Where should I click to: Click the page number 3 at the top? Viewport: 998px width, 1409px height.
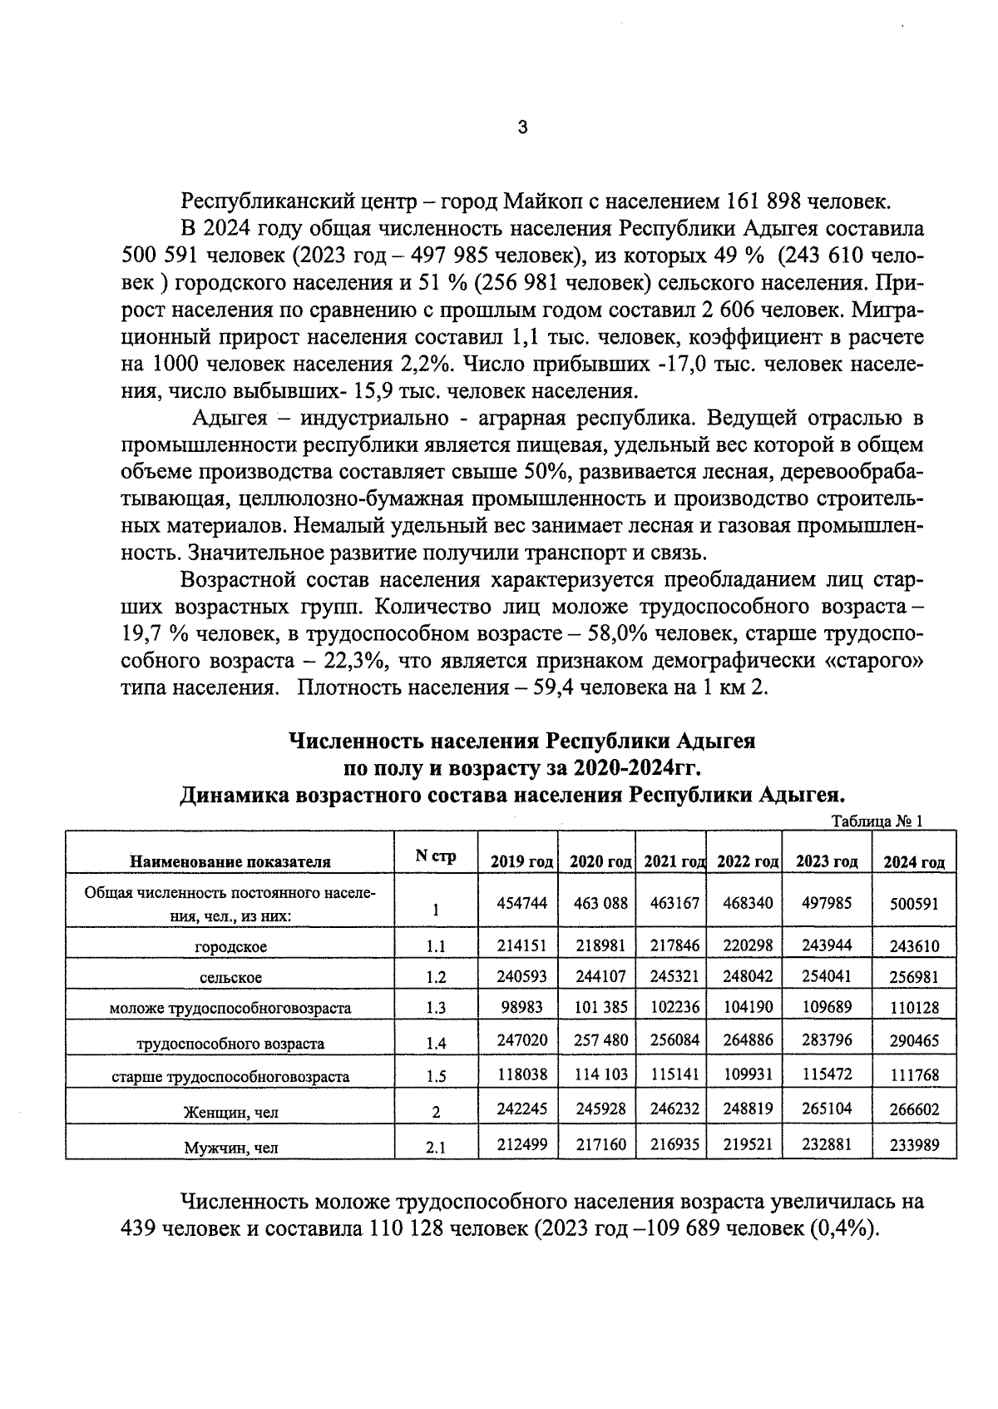coord(521,128)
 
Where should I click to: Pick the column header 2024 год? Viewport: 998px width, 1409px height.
coord(914,861)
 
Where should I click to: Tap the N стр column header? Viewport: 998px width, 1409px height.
coord(436,856)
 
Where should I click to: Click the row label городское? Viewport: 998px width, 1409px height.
coord(231,946)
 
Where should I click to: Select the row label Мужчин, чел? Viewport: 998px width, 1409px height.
coord(231,1149)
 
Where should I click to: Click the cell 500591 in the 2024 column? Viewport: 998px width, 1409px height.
coord(914,903)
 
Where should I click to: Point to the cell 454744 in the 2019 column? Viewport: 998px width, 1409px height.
coord(522,902)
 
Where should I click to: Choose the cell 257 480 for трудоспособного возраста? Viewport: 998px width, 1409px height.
coord(599,1039)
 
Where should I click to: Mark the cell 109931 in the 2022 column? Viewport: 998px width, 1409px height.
coord(745,1074)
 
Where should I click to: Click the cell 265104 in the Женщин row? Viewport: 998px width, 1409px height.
coord(827,1109)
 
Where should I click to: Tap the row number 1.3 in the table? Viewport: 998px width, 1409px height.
coord(436,1008)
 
